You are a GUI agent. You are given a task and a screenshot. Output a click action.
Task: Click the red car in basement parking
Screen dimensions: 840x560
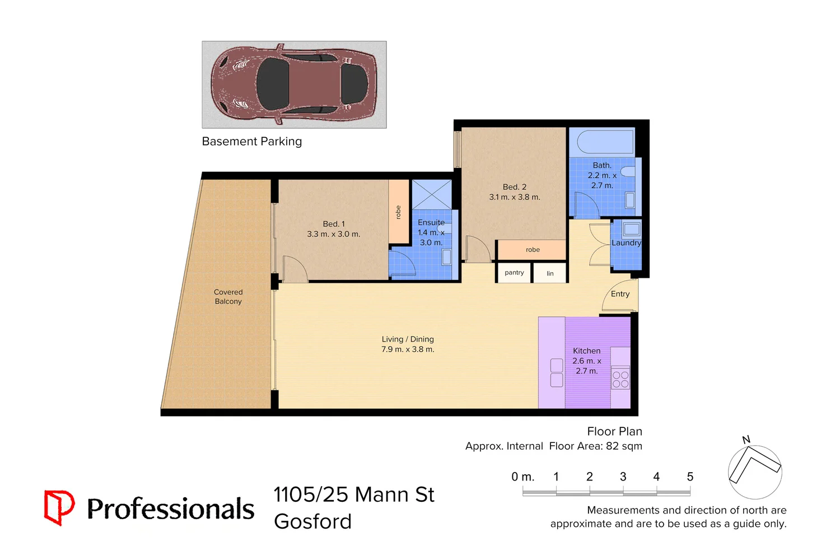[293, 84]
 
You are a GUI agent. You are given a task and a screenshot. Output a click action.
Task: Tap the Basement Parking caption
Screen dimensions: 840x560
[251, 142]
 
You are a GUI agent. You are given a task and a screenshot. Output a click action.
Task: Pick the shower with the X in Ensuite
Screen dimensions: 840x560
[432, 194]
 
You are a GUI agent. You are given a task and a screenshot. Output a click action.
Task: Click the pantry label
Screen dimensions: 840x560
[514, 273]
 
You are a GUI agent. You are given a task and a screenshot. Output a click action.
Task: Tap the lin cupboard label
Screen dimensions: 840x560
[550, 273]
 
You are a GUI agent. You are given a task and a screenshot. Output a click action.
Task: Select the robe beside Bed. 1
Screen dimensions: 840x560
[398, 212]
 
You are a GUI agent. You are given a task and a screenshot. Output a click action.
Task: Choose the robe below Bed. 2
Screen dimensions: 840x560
[533, 250]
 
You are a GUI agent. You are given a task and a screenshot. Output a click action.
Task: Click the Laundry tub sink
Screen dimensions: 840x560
[632, 229]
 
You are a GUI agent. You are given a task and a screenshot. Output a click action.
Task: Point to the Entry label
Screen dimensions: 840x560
[620, 294]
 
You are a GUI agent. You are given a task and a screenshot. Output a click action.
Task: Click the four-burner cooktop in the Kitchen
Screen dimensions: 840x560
[620, 379]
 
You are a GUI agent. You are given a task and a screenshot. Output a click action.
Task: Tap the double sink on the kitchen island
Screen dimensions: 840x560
[557, 373]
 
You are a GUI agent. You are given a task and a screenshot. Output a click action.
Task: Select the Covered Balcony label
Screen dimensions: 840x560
[228, 297]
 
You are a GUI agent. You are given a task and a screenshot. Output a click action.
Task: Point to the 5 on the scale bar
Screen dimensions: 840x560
[690, 477]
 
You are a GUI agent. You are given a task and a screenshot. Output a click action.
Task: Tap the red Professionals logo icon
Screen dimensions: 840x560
[59, 507]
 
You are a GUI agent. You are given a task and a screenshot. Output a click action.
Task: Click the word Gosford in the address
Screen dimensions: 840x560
[312, 522]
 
